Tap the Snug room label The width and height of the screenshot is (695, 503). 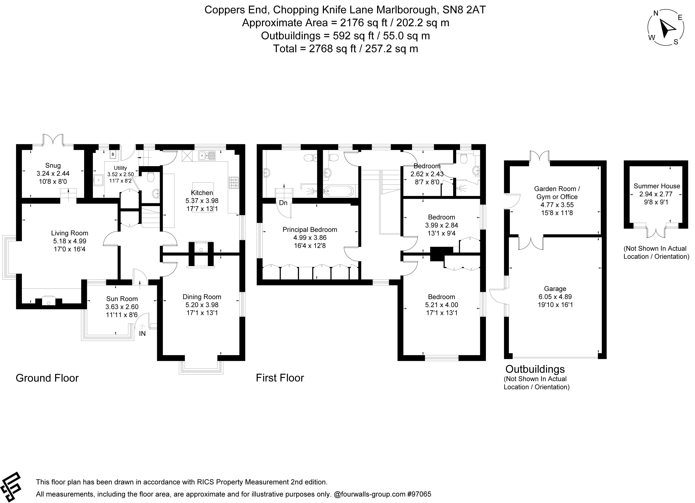[53, 165]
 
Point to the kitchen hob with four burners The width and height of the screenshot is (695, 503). [233, 183]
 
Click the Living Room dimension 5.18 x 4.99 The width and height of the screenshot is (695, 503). [70, 241]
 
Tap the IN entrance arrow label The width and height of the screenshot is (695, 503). [142, 334]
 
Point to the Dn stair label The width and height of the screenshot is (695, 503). [283, 203]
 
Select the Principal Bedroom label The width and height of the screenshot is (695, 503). [310, 229]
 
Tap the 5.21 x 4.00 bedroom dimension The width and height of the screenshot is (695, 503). [441, 305]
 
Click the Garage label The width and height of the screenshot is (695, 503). [555, 288]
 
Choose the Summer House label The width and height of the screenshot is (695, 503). [657, 186]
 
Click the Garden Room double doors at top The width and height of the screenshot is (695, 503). [540, 156]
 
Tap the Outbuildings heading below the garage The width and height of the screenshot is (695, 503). [535, 369]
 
